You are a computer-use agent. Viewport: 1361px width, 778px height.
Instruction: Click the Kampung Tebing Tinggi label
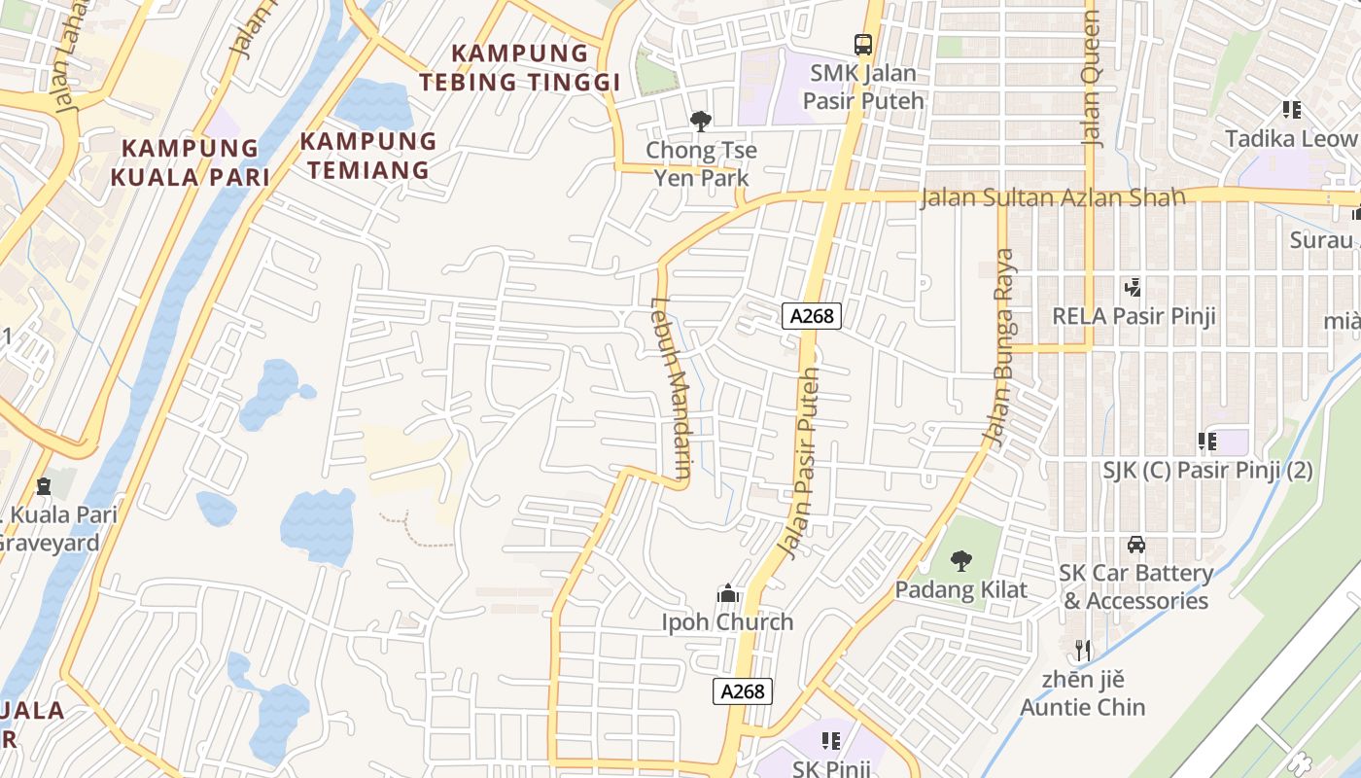[521, 67]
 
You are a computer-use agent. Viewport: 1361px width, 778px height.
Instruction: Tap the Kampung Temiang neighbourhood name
[367, 155]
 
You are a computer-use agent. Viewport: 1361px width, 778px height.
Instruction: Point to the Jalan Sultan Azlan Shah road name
[1053, 198]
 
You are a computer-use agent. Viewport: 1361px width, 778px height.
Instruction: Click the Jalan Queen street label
[1092, 78]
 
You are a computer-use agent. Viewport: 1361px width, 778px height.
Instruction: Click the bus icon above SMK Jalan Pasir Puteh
[863, 44]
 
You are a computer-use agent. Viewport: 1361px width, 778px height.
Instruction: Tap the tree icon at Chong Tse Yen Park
[700, 122]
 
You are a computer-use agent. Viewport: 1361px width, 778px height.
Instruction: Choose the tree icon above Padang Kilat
[960, 560]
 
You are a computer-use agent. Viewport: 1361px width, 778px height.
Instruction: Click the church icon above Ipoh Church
[727, 593]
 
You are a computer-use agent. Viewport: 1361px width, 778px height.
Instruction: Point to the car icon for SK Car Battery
[1136, 545]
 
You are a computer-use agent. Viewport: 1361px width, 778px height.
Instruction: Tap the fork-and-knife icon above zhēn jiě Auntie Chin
[1083, 650]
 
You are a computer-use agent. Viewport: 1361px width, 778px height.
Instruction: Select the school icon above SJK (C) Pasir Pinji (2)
[1207, 442]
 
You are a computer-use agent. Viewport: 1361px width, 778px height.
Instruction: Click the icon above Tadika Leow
[1291, 110]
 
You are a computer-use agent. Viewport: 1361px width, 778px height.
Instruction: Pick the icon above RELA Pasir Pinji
[1133, 288]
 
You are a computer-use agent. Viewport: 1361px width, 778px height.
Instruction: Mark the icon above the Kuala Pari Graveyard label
[44, 485]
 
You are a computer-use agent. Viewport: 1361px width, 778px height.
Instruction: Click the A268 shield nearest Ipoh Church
[744, 691]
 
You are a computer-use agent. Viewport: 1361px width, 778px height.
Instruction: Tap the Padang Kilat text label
[960, 589]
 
